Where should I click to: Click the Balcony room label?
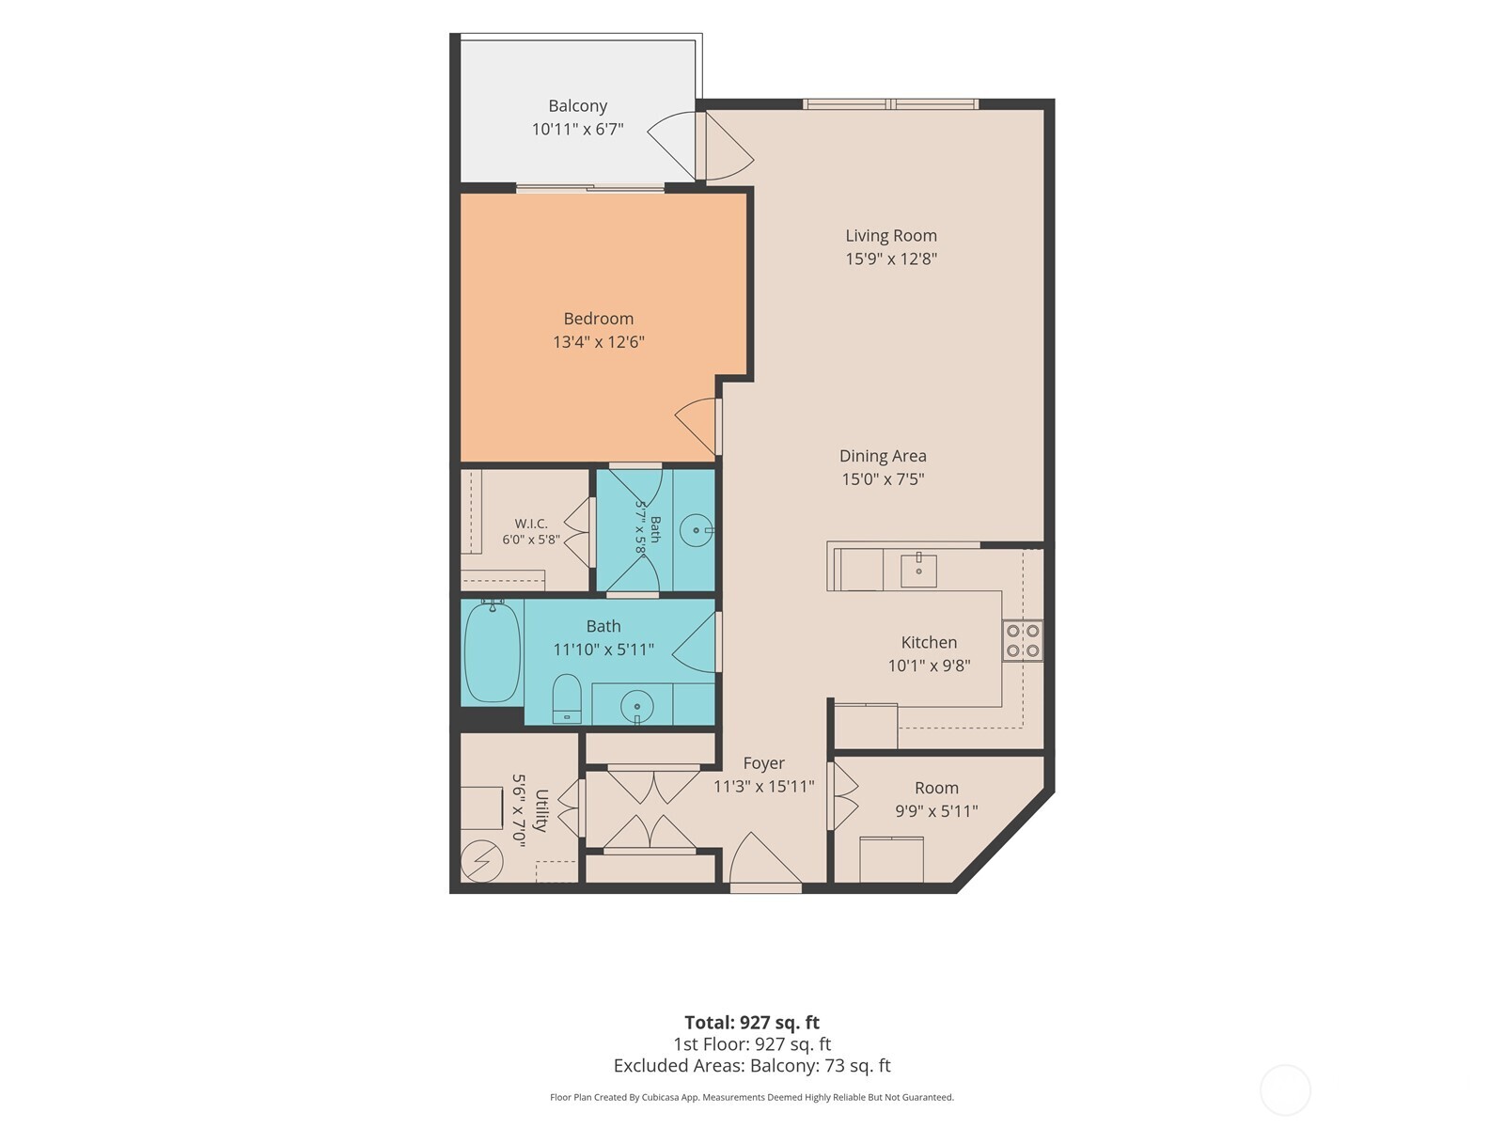coord(577,106)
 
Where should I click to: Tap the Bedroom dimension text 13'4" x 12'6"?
coord(599,342)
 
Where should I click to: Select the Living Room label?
coord(891,236)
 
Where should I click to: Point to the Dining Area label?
coord(883,456)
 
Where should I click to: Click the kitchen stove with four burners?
coord(1023,640)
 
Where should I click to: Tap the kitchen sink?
coord(918,570)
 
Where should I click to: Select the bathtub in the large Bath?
coord(492,651)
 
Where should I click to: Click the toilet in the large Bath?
coord(567,698)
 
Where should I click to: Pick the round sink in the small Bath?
coord(697,530)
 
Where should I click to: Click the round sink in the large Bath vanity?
coord(636,706)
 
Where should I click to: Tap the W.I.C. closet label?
coord(531,524)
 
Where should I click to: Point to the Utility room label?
coord(541,810)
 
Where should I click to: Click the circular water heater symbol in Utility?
coord(481,861)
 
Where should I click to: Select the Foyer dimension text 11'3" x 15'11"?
coord(764,786)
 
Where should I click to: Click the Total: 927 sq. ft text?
coord(752,1023)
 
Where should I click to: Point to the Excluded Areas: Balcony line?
coord(752,1066)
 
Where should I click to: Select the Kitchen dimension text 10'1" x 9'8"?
coord(929,666)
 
